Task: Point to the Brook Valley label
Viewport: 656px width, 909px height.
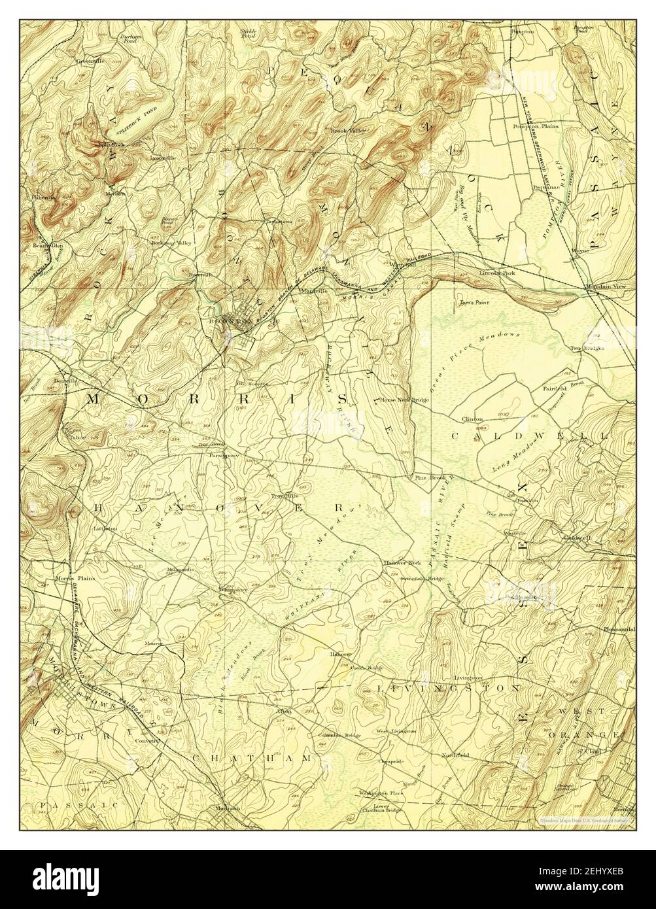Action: pos(347,131)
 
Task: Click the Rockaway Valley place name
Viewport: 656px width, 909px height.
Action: pos(173,243)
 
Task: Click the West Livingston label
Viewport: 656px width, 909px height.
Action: pos(396,730)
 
